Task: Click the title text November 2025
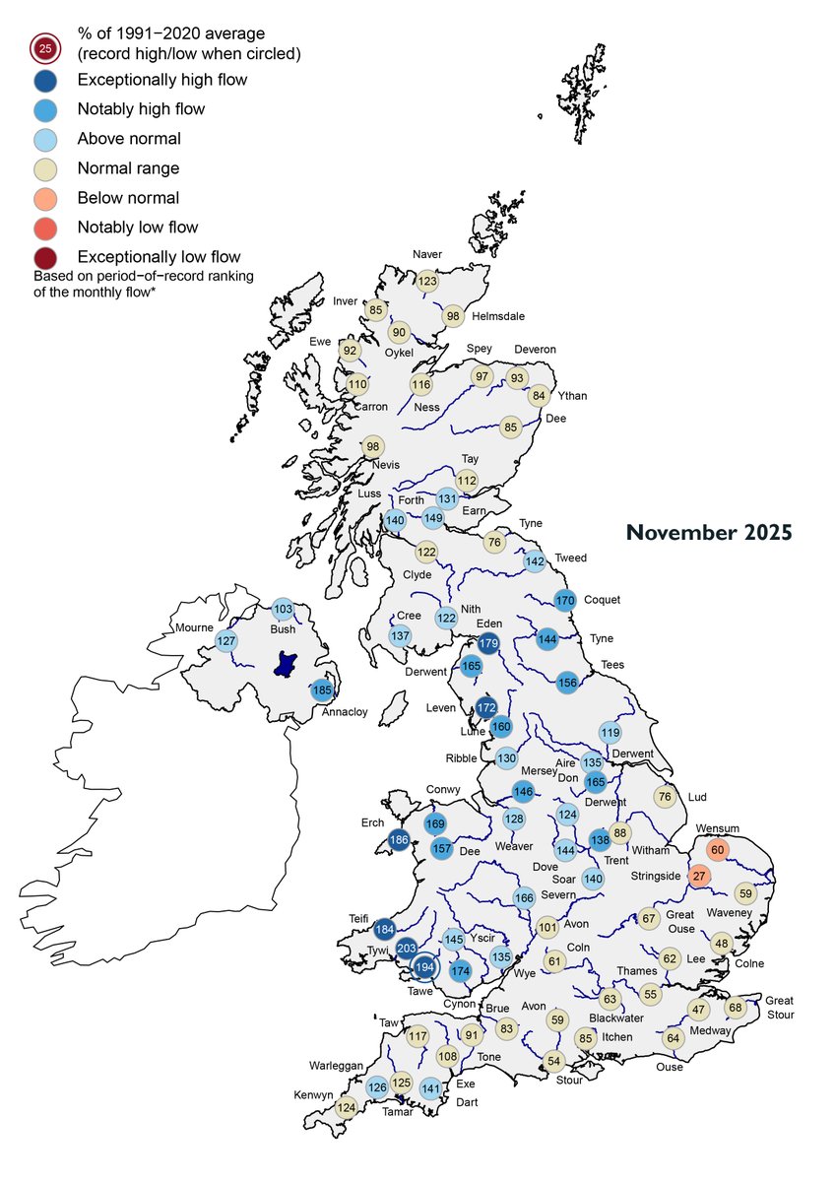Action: point(708,533)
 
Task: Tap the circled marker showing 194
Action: point(425,968)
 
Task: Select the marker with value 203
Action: point(407,949)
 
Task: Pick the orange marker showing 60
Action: point(717,850)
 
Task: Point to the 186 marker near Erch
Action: point(399,840)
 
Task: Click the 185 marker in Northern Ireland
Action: point(322,690)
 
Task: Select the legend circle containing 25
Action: point(44,47)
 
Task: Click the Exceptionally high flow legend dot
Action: point(44,80)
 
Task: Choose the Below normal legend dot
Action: point(44,198)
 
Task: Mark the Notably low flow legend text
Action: point(137,228)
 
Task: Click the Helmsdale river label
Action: point(497,316)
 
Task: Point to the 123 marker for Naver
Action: point(426,281)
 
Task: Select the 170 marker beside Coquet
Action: point(564,600)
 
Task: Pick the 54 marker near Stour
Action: point(553,1061)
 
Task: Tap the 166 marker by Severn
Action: point(524,897)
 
